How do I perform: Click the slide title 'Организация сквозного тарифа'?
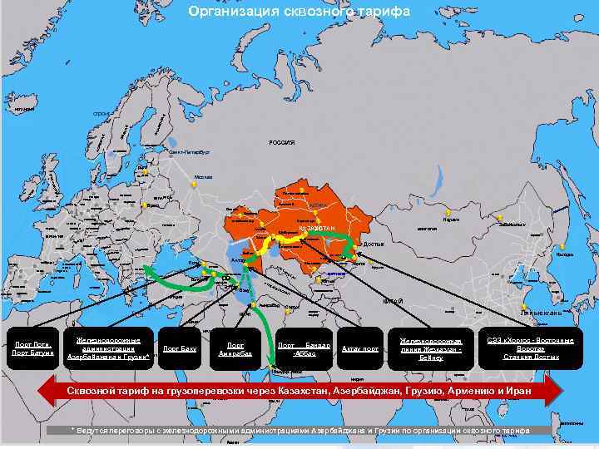point(299,12)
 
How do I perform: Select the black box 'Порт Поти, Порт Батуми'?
point(32,348)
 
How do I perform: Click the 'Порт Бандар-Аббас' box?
point(304,348)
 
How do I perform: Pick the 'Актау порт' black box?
point(360,348)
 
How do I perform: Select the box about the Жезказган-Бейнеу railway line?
point(431,348)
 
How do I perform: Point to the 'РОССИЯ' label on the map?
point(281,142)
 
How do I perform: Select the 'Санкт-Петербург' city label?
point(189,153)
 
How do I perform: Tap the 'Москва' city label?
point(204,177)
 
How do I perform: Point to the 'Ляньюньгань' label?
point(541,313)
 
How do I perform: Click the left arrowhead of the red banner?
point(52,389)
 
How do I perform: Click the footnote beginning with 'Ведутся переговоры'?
point(299,430)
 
